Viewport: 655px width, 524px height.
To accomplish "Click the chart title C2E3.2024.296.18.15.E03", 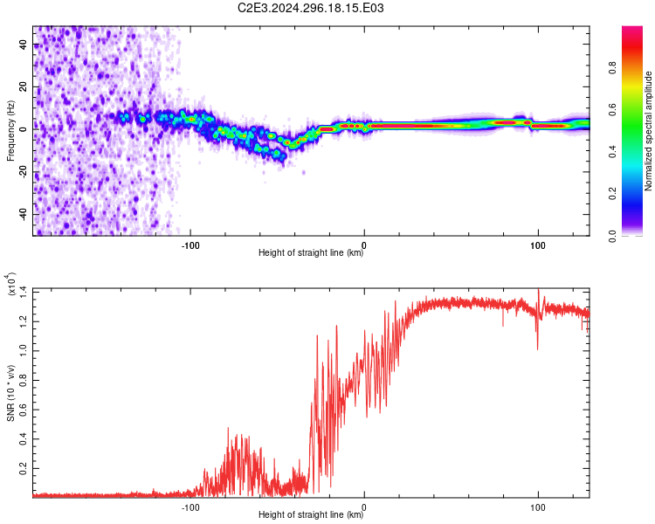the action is tap(310, 8).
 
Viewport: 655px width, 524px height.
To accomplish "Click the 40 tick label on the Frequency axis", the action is tap(23, 45).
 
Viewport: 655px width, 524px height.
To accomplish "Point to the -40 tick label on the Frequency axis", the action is tap(23, 214).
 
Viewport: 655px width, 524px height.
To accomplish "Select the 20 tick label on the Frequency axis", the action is tap(23, 87).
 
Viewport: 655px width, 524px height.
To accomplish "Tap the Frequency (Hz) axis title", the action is tap(10, 130).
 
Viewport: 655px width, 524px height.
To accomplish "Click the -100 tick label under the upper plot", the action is tap(190, 245).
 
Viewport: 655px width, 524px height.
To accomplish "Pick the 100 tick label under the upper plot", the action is tap(538, 245).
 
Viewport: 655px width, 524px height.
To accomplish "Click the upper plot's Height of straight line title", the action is tap(311, 252).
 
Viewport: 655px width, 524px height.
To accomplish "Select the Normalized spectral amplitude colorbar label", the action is tap(648, 131).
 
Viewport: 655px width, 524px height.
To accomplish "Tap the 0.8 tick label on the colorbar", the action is tap(612, 68).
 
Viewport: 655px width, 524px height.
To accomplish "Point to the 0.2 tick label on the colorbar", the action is tap(612, 194).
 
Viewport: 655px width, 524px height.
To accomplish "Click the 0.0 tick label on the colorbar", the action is tap(612, 237).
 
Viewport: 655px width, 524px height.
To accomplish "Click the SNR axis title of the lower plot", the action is tap(10, 393).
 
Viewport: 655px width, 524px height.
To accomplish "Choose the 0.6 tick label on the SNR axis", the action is tap(23, 409).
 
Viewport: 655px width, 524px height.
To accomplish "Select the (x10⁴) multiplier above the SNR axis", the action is tap(10, 284).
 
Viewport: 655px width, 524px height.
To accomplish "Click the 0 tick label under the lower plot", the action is tap(364, 507).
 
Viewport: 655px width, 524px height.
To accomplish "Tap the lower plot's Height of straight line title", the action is tap(311, 514).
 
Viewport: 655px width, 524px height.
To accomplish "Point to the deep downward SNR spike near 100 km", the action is tap(537, 334).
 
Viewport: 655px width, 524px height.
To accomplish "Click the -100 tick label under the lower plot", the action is tap(190, 507).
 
